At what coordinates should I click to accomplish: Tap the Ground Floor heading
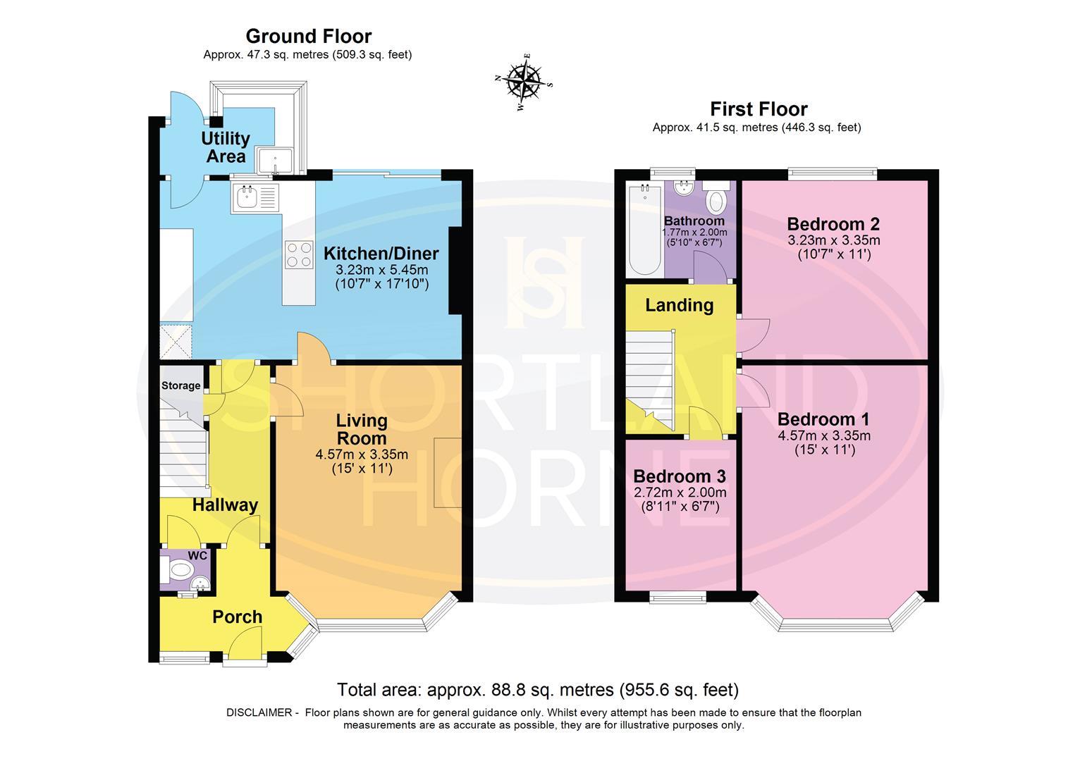pos(308,36)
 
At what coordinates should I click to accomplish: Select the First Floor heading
pos(758,109)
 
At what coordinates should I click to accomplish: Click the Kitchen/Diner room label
pos(381,254)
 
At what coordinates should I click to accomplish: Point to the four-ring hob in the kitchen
pos(298,254)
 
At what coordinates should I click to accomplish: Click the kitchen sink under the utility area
pos(247,197)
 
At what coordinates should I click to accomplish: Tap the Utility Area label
pos(226,147)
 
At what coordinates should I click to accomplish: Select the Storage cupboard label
pos(181,385)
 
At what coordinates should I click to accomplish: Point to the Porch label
pos(238,617)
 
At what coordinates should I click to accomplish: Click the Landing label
pos(679,305)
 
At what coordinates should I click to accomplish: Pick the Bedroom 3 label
pos(679,476)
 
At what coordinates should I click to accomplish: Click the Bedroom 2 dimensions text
pos(833,240)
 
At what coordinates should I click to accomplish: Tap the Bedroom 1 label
pos(823,419)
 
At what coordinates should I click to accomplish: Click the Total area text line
pos(537,689)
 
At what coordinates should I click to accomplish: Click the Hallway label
pos(225,505)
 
